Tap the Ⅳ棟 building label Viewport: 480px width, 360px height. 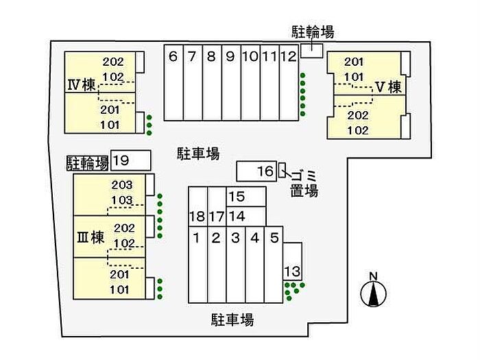pos(81,86)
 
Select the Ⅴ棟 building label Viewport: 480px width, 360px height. pos(387,87)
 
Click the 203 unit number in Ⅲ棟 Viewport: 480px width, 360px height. pos(123,184)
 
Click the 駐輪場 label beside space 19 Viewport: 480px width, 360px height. pos(88,162)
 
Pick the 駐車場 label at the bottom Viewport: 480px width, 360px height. pos(232,320)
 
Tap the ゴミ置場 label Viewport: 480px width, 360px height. pos(303,182)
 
